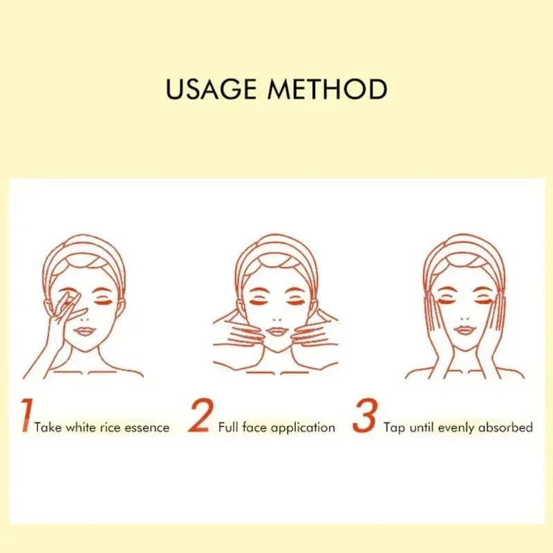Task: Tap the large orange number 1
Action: (x=26, y=416)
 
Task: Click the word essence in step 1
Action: (x=147, y=428)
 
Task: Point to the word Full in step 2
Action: (x=228, y=428)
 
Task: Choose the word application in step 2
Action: (x=303, y=428)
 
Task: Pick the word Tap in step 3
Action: (x=395, y=428)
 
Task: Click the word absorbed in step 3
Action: (x=505, y=428)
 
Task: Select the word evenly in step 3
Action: (x=456, y=428)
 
